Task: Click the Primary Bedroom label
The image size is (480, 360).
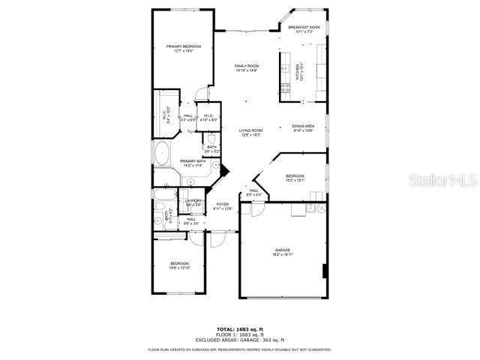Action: coord(183,48)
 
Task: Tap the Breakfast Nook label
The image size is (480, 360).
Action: coord(304,28)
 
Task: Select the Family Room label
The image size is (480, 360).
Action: coord(246,68)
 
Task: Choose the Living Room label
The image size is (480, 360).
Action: coord(250,132)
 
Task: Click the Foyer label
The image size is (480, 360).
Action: coord(223,206)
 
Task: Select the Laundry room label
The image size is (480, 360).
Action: coord(193,202)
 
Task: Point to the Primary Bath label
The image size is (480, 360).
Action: coord(193,163)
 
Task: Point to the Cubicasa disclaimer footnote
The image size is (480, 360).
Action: coord(239,349)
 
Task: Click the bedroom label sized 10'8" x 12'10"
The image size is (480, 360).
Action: coord(179,265)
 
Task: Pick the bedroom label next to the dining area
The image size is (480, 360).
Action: coord(295,178)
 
